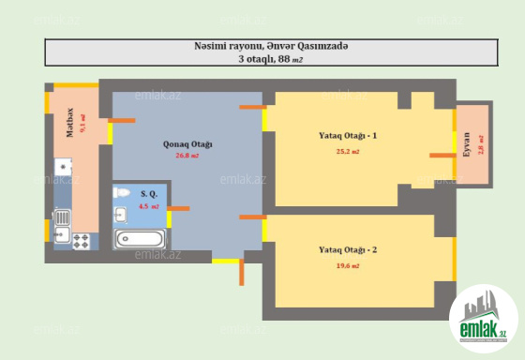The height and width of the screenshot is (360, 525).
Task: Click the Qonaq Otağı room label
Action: [x=187, y=144]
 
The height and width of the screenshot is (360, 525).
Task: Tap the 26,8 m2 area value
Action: [x=187, y=156]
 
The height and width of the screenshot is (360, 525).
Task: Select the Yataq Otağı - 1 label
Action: [x=348, y=136]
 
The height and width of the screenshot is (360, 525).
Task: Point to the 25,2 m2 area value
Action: [x=348, y=151]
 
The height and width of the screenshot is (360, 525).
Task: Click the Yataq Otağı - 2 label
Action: [x=348, y=249]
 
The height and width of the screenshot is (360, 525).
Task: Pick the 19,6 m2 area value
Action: [x=348, y=266]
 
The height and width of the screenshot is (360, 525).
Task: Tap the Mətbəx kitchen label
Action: [x=69, y=123]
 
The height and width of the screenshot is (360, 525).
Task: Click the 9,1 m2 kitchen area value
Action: [x=82, y=123]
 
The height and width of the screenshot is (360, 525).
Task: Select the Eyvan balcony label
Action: [x=467, y=144]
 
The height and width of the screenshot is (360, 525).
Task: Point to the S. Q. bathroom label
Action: [x=149, y=194]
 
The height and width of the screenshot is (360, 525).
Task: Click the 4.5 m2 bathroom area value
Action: [x=149, y=206]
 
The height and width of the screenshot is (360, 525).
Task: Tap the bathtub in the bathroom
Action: [x=140, y=239]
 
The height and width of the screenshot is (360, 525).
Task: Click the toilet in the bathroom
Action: [x=121, y=192]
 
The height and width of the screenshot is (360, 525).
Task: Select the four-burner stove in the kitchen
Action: [x=82, y=241]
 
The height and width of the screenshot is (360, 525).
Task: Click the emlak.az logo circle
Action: [x=484, y=319]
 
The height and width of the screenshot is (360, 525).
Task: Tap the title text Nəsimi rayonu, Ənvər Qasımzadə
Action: [x=271, y=46]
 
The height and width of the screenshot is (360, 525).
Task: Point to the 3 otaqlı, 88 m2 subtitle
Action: [x=271, y=59]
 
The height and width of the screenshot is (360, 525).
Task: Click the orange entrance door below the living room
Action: [x=242, y=272]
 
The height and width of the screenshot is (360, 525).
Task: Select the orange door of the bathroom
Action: [x=178, y=209]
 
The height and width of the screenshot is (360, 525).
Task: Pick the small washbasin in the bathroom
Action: [x=120, y=215]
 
